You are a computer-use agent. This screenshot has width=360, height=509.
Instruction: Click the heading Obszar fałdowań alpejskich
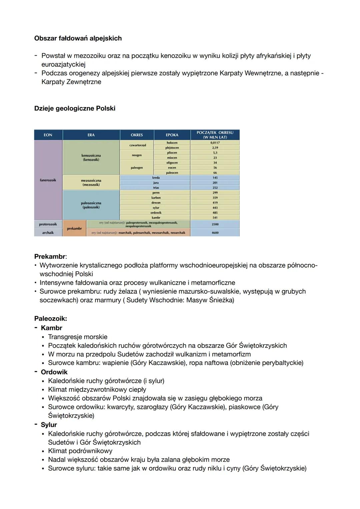pos(78,38)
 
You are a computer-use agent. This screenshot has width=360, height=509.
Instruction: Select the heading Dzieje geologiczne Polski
pos(75,108)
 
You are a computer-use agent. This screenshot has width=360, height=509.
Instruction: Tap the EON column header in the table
pos(48,135)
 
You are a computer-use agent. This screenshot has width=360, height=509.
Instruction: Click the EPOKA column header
pos(172,135)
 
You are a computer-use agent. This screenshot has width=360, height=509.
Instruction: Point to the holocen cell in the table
pos(172,143)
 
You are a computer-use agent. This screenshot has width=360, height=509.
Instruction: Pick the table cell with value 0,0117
pos(215,143)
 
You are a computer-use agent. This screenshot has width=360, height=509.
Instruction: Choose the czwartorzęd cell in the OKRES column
pos(137,145)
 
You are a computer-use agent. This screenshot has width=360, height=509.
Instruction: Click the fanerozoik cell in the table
pos(48,180)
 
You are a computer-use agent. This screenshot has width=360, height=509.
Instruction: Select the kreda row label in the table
pos(156,178)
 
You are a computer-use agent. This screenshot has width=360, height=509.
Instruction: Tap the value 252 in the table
pos(215,188)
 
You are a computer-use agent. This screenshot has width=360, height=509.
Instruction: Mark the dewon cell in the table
pos(156,203)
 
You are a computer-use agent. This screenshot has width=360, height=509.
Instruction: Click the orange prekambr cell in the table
pos(74,228)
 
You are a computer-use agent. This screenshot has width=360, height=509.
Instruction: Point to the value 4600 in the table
pos(215,233)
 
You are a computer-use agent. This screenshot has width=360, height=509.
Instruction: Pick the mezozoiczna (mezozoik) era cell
pos(91,183)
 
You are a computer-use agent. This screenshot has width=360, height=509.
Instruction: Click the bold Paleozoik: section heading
pos(51,319)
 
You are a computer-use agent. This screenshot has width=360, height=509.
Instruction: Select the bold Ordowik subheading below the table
pos(54,372)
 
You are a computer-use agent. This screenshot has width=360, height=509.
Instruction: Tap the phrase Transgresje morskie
pos(78,337)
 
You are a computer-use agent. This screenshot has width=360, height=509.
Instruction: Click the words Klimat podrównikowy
pos(80,451)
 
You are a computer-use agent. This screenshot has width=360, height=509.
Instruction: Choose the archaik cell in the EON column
pos(48,233)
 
